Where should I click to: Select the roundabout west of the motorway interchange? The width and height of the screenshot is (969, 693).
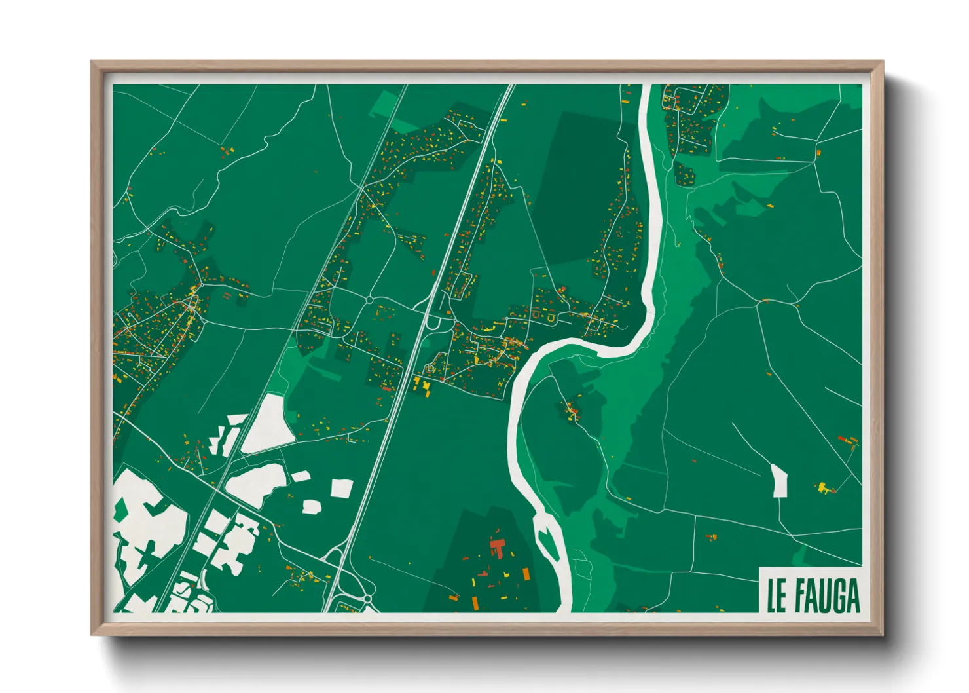369,300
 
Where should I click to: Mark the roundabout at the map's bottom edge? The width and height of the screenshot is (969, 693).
367,599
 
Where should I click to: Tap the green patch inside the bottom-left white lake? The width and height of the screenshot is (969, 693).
120,509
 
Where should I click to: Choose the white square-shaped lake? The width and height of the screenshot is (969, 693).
342,488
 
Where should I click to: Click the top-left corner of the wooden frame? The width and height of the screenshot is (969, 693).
92,62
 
